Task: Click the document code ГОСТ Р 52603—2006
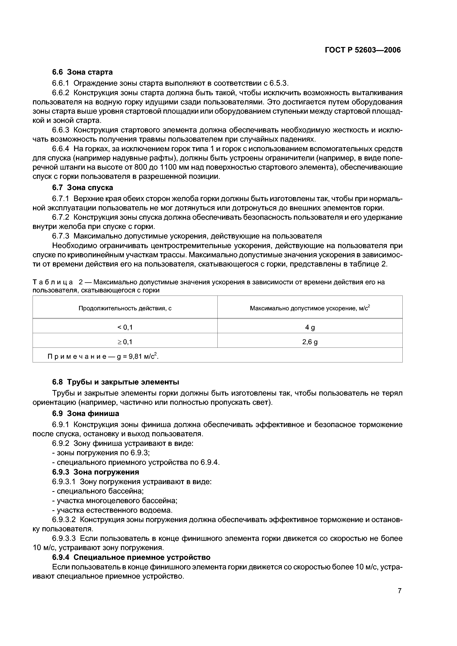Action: [363, 50]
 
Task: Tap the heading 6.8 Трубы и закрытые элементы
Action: [115, 382]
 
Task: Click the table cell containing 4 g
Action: [310, 327]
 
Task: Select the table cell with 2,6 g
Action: [310, 342]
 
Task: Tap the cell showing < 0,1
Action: [125, 327]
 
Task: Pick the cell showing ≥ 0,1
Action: [125, 342]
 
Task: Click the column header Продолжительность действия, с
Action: [125, 308]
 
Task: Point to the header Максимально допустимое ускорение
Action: [310, 308]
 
